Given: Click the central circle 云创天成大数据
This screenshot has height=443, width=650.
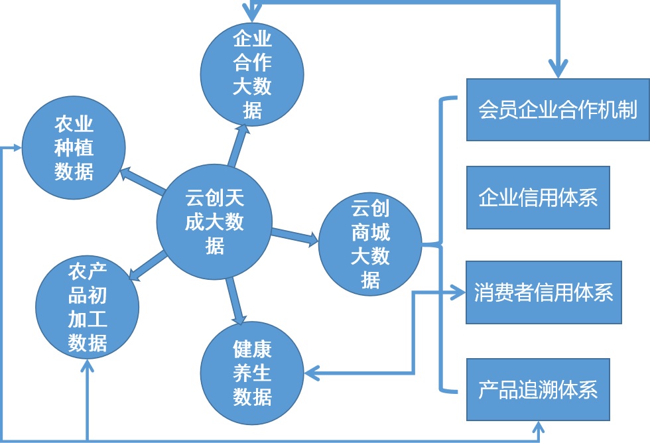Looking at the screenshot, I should click(214, 218).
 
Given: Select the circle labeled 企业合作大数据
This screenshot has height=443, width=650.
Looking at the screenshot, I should click(252, 73).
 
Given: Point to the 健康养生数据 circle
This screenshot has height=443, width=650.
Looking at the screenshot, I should click(253, 373).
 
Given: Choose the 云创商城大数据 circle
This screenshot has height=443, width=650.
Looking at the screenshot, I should click(370, 245).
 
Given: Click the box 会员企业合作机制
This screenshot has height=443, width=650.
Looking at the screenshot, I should click(557, 109).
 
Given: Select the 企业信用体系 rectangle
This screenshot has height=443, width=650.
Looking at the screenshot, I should click(537, 197).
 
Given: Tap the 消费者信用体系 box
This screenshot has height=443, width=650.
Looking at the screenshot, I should click(543, 292).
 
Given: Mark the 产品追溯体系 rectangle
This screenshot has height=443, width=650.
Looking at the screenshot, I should click(537, 389).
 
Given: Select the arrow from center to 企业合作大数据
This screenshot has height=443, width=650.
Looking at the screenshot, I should click(237, 146).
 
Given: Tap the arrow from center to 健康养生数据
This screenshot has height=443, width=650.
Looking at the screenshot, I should click(235, 298).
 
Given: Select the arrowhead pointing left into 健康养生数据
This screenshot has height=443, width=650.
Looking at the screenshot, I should click(313, 374).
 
